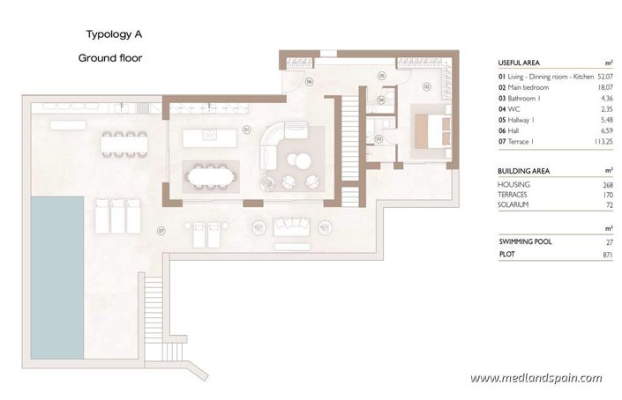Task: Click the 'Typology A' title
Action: pos(113,35)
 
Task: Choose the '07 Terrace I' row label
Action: pos(522,141)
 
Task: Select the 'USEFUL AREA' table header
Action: pos(520,63)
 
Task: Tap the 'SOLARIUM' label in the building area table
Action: pos(514,204)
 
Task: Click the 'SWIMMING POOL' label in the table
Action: pos(525,241)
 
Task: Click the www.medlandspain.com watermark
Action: pos(536,378)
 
